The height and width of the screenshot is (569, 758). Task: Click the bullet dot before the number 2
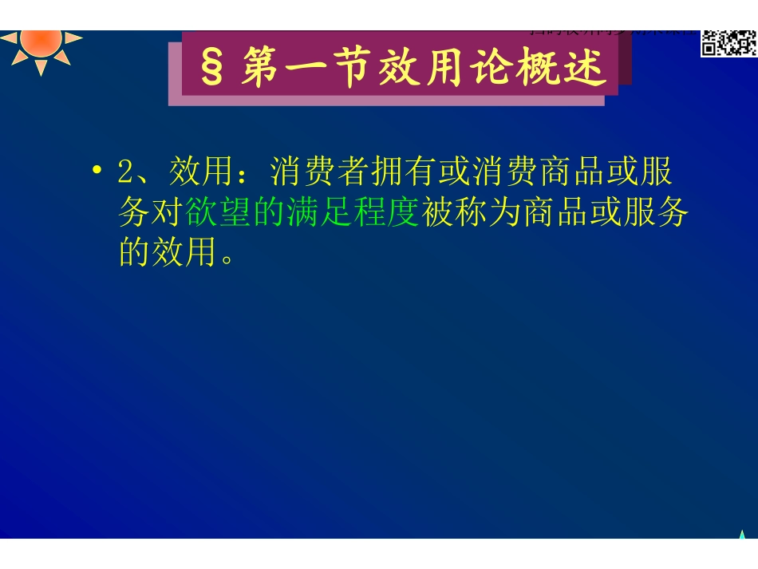point(97,171)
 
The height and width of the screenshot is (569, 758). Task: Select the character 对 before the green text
point(168,213)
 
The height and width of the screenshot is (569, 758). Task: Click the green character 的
point(260,213)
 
